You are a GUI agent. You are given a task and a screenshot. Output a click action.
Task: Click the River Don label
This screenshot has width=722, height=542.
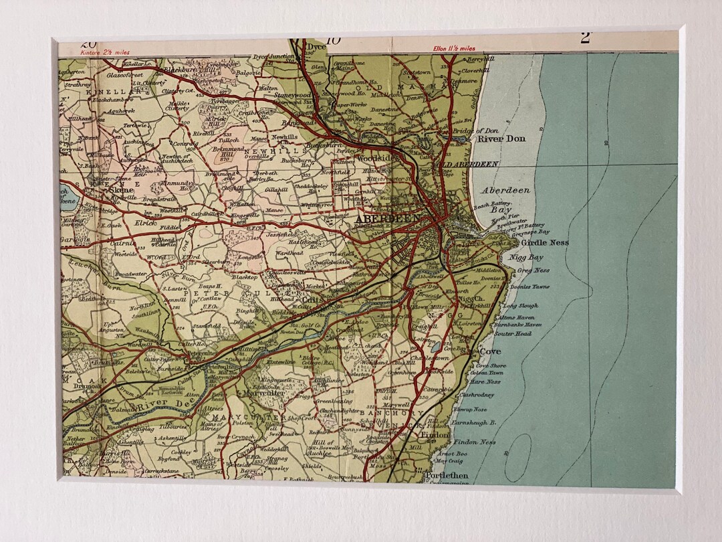coord(501,139)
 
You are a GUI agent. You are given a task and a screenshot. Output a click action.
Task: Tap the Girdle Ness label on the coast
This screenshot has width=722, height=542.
coord(545,243)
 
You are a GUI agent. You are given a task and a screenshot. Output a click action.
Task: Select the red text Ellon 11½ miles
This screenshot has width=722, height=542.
coord(454,48)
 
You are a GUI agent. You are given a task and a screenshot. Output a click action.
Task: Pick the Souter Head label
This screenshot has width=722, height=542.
coord(513,333)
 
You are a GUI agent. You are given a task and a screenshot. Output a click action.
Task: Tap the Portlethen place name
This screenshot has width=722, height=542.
coord(447,476)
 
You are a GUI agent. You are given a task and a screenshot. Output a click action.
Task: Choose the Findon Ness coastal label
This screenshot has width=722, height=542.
coord(475,442)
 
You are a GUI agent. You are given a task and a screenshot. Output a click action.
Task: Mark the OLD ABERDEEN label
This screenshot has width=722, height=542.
coord(467,164)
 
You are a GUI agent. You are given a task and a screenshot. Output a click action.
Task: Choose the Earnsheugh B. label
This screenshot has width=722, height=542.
coord(474,422)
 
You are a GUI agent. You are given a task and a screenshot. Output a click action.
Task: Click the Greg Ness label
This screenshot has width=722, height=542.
coord(533,271)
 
